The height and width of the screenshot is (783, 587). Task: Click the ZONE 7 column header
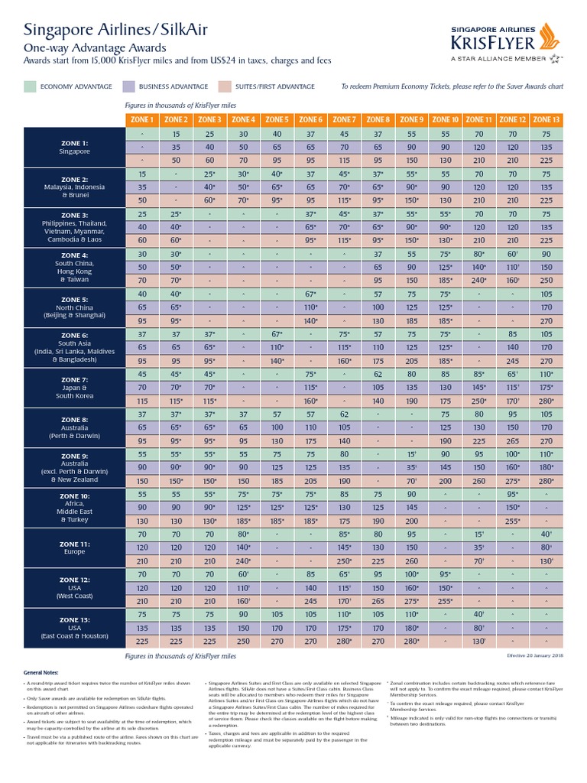pyautogui.click(x=345, y=119)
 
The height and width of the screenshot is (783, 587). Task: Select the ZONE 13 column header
pyautogui.click(x=546, y=119)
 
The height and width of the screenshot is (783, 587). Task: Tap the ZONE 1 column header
pyautogui.click(x=142, y=119)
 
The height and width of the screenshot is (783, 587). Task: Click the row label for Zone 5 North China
pyautogui.click(x=74, y=307)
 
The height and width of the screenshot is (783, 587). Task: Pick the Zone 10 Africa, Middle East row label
pyautogui.click(x=74, y=507)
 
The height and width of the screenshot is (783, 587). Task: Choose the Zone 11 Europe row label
pyautogui.click(x=74, y=547)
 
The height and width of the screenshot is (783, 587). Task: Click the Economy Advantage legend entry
pyautogui.click(x=68, y=86)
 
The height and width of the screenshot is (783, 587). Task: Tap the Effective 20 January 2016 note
pyautogui.click(x=534, y=656)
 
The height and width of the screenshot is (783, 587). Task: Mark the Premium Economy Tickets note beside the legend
pyautogui.click(x=452, y=86)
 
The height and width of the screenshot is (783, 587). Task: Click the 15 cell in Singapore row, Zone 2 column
pyautogui.click(x=176, y=134)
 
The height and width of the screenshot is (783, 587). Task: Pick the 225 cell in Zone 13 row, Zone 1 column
pyautogui.click(x=142, y=641)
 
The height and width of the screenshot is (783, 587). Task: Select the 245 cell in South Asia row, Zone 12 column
pyautogui.click(x=513, y=360)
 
